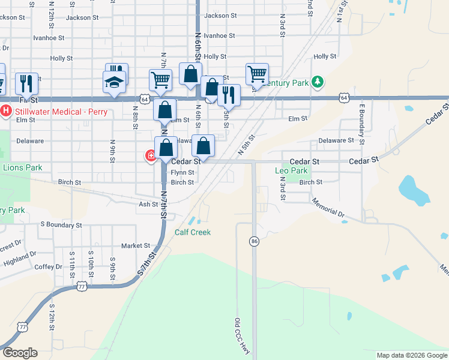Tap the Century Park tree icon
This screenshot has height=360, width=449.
pyautogui.click(x=319, y=82)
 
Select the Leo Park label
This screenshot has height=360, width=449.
pyautogui.click(x=291, y=171)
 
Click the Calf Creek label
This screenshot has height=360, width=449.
pyautogui.click(x=193, y=232)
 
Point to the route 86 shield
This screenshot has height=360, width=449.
pyautogui.click(x=254, y=241)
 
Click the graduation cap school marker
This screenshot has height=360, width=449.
pyautogui.click(x=114, y=82)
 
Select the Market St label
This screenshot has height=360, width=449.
pyautogui.click(x=135, y=245)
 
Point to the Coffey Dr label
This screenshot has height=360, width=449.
pyautogui.click(x=49, y=267)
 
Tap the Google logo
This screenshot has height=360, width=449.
pyautogui.click(x=20, y=353)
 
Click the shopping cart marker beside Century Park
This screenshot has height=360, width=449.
pyautogui.click(x=257, y=74)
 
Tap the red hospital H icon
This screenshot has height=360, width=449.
pyautogui.click(x=6, y=110)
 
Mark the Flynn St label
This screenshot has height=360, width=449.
pyautogui.click(x=182, y=173)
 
